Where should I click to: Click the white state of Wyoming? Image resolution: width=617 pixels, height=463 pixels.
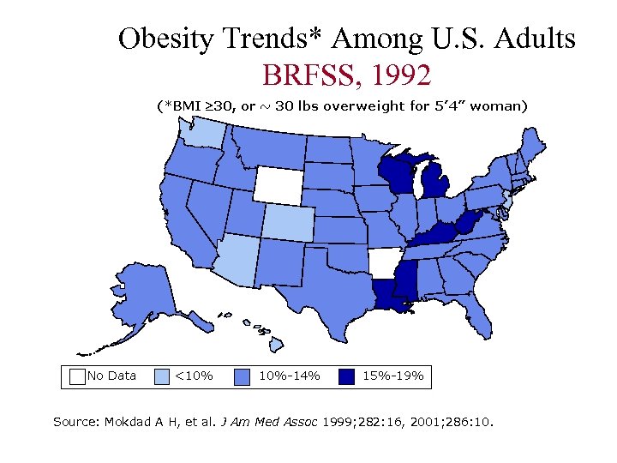point(279,183)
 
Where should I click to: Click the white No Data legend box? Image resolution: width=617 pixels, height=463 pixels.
point(76,376)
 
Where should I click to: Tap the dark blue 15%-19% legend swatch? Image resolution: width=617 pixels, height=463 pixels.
point(347,376)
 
